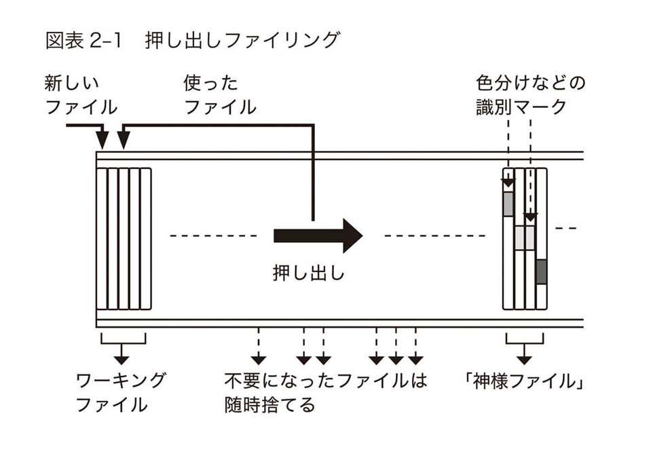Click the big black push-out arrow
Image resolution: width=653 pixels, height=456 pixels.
click(x=318, y=235)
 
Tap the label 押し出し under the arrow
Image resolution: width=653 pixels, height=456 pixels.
click(x=309, y=274)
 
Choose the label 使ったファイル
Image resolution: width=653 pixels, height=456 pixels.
click(x=220, y=96)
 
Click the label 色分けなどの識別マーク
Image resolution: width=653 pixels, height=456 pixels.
click(x=530, y=96)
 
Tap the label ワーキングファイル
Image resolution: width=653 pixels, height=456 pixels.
click(x=119, y=393)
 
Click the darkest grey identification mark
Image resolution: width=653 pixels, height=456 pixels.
click(x=541, y=271)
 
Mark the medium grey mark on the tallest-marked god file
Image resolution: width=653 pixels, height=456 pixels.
click(x=508, y=204)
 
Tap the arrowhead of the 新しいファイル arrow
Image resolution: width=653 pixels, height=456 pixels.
click(x=102, y=141)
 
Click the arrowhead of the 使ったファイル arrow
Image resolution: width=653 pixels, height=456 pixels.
click(x=123, y=141)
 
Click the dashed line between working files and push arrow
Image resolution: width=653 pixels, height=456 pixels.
click(x=212, y=236)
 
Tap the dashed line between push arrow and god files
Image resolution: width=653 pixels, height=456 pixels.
click(x=434, y=236)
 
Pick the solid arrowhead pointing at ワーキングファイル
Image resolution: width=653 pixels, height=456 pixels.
click(x=123, y=358)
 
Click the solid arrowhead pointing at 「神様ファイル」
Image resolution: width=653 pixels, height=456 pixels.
click(x=525, y=358)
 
